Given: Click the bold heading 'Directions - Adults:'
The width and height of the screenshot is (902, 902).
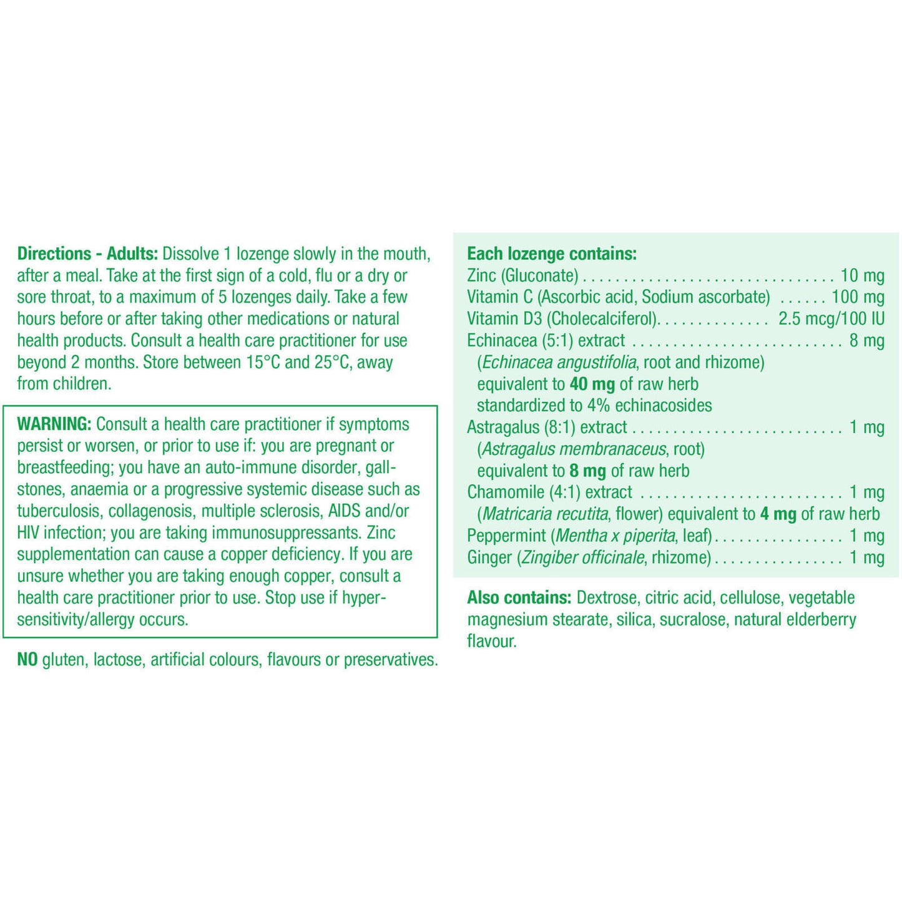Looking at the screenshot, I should [x=87, y=254].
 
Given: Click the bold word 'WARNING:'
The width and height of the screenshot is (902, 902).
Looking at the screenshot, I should [x=54, y=424].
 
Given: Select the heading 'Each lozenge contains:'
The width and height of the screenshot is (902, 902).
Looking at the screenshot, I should [x=552, y=254].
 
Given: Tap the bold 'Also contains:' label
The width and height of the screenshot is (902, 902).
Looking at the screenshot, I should [x=519, y=598].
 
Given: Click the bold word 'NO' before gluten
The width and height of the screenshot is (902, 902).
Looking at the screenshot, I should [x=27, y=660].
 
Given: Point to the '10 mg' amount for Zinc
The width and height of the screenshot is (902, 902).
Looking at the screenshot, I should [x=862, y=276].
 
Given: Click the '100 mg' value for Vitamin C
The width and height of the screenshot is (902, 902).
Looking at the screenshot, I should [x=858, y=297].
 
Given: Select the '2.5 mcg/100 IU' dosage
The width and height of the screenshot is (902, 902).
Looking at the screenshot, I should [x=831, y=319].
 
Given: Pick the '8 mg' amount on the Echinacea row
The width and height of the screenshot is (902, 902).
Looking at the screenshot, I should [x=866, y=341].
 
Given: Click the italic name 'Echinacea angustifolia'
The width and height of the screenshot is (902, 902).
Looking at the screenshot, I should [x=559, y=363].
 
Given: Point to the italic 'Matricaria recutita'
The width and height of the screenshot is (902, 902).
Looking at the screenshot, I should [x=546, y=514].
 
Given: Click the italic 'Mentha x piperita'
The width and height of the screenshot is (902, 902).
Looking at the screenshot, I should [x=615, y=536].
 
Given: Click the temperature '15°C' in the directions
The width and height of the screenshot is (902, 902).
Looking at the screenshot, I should [x=263, y=363].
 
